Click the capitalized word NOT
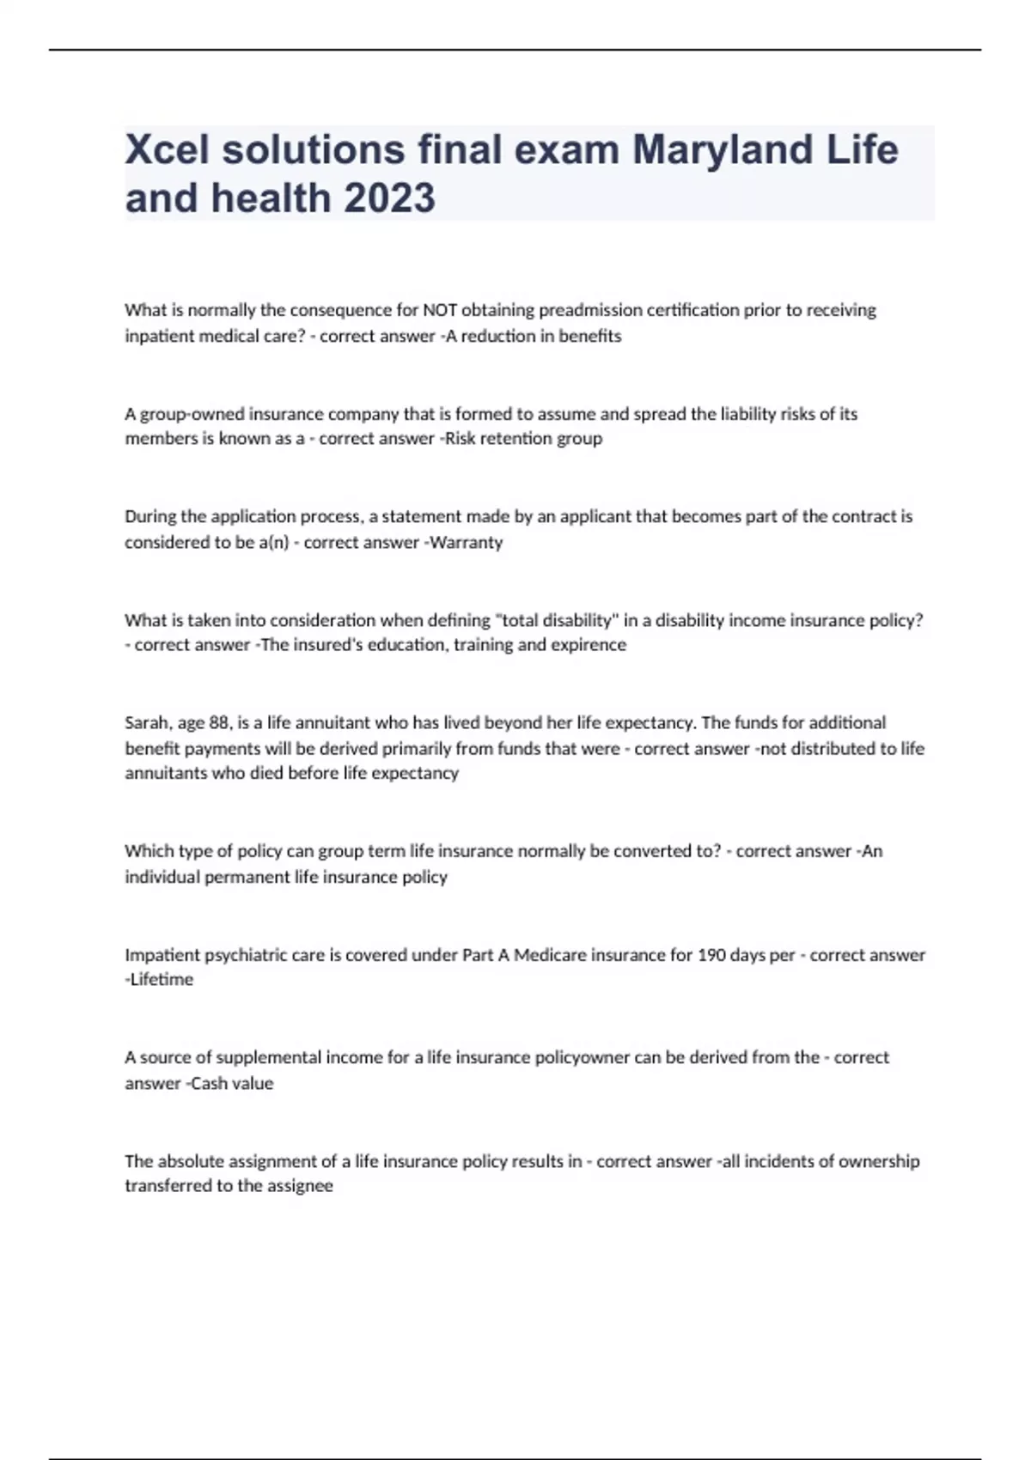coord(440,310)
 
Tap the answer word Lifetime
coord(162,980)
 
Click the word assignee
coord(300,1186)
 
